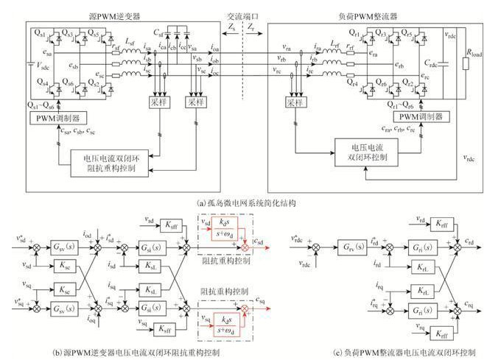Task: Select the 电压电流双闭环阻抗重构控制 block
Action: point(114,160)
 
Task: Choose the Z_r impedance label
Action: point(252,27)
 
